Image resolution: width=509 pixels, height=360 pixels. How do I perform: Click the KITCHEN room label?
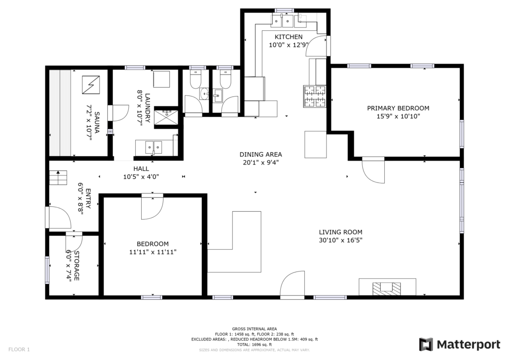pos(289,37)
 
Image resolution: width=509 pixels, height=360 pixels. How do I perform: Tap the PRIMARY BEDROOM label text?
pos(398,108)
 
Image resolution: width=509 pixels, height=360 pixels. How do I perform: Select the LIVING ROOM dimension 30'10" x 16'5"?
pos(340,240)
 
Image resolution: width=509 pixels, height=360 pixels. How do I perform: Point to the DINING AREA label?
pos(260,155)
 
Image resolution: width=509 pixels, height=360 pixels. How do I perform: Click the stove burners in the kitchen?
pos(315,96)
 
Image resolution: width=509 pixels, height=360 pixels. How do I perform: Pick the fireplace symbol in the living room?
pos(386,288)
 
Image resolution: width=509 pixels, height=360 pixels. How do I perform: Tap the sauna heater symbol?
pos(91,85)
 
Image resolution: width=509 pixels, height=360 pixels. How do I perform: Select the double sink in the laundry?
pos(154,147)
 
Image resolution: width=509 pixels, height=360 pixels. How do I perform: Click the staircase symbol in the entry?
pos(58,178)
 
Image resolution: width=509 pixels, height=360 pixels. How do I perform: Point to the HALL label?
pos(141,169)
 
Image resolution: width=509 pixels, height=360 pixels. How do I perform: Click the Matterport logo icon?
pos(426,345)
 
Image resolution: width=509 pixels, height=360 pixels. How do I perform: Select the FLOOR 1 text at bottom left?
pos(19,349)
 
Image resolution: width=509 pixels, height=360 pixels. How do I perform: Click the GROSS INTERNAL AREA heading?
pos(254,329)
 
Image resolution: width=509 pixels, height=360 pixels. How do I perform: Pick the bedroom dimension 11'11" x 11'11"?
pos(153,252)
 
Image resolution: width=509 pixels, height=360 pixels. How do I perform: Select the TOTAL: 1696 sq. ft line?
pos(254,345)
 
